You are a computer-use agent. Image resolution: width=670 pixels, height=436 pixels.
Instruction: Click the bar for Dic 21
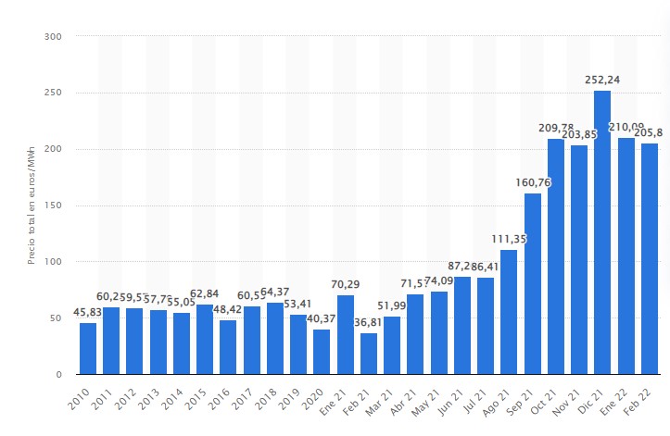[x=602, y=232]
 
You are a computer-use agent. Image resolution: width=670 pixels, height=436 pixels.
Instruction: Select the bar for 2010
[x=88, y=348]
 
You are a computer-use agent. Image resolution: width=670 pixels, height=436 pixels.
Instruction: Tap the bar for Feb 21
[x=369, y=354]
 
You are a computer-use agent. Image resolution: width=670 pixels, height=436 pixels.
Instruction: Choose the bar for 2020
[x=322, y=352]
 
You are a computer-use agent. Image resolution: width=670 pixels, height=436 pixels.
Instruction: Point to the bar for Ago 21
[x=509, y=312]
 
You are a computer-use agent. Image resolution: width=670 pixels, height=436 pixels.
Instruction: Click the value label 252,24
[x=602, y=81]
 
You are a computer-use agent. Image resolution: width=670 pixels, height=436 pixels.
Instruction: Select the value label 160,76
[x=533, y=183]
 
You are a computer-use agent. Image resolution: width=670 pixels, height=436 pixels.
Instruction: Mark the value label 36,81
[x=369, y=322]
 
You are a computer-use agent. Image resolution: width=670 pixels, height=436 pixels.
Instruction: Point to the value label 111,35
[x=509, y=239]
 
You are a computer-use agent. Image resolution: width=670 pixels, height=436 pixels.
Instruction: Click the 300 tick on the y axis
[x=54, y=37]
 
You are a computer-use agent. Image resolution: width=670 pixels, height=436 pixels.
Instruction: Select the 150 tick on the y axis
[x=54, y=206]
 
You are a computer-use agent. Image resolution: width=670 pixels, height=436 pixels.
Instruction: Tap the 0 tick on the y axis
[x=58, y=374]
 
